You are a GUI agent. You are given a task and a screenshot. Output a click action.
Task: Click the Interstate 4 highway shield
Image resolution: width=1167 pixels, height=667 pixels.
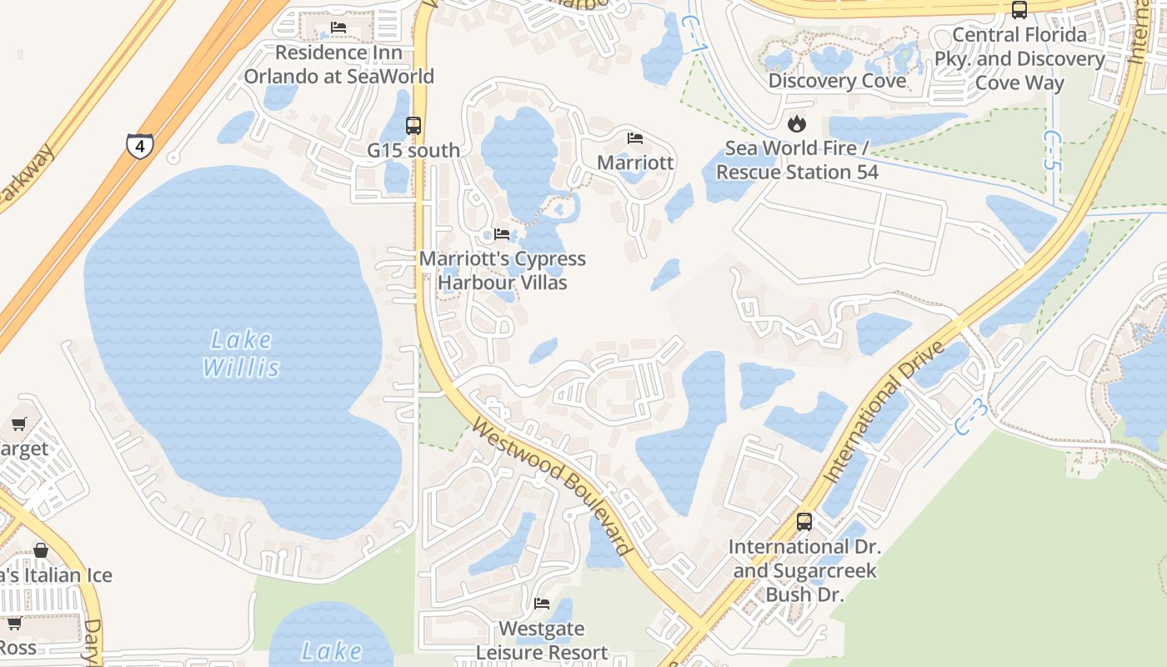pyautogui.click(x=139, y=145)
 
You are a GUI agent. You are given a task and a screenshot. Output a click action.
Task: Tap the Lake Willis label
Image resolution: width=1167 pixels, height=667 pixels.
pyautogui.click(x=241, y=354)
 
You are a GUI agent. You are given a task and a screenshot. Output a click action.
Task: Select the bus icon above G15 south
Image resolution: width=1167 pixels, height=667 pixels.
pyautogui.click(x=413, y=126)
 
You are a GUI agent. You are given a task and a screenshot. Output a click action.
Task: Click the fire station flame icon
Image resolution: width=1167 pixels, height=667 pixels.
pyautogui.click(x=797, y=124)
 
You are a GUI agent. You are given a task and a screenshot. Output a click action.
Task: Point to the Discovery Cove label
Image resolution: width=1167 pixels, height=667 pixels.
pyautogui.click(x=837, y=81)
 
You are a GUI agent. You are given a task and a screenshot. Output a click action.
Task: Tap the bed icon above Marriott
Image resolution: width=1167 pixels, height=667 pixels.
pyautogui.click(x=635, y=138)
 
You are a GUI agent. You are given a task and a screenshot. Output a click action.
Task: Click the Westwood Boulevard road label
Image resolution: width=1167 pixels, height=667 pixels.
pyautogui.click(x=551, y=487)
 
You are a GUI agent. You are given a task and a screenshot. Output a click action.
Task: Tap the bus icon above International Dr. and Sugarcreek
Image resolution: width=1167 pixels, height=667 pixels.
pyautogui.click(x=804, y=522)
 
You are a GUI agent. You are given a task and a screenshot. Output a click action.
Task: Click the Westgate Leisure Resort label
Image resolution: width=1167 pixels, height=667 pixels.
pyautogui.click(x=542, y=640)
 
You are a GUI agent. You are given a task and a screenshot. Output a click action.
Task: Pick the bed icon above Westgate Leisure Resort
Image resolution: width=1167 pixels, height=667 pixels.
pyautogui.click(x=542, y=604)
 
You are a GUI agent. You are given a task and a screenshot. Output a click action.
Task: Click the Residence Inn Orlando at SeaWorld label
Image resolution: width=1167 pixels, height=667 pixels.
pyautogui.click(x=339, y=64)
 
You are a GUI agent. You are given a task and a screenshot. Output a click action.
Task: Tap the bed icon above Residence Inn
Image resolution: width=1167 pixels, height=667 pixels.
pyautogui.click(x=338, y=28)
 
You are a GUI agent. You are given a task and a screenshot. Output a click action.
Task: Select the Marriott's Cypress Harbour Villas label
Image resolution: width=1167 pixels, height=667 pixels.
pyautogui.click(x=503, y=271)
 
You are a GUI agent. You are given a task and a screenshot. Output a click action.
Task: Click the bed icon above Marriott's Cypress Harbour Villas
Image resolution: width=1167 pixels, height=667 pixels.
pyautogui.click(x=502, y=234)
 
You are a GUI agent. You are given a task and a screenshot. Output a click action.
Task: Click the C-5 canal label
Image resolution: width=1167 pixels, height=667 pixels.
pyautogui.click(x=1054, y=150)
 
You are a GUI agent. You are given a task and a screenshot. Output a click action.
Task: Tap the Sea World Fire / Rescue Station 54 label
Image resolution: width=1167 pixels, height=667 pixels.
pyautogui.click(x=797, y=160)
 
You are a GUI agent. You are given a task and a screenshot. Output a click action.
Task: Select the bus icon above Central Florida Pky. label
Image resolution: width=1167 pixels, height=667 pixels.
pyautogui.click(x=1019, y=10)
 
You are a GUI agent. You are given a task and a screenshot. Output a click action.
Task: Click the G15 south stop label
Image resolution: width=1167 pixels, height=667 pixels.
pyautogui.click(x=413, y=151)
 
